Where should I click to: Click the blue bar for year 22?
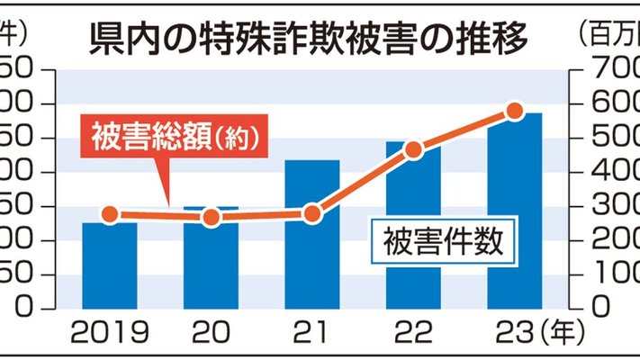pos(413,225)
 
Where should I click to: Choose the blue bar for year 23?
pos(515,211)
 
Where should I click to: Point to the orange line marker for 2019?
pos(110,215)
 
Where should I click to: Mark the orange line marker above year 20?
pos(211,218)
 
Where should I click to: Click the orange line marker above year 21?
pos(312,214)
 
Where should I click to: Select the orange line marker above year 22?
pos(413,150)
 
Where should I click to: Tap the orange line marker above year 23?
pos(515,112)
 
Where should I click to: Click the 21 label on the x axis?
pos(311,334)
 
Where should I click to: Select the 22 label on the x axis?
pos(413,334)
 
